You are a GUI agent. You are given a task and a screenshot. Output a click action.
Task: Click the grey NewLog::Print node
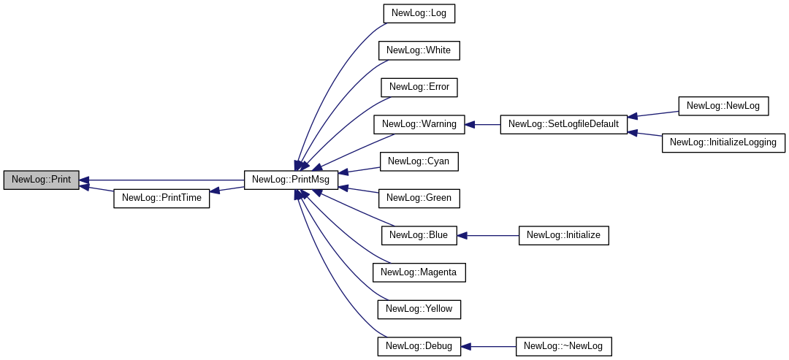[x=41, y=180]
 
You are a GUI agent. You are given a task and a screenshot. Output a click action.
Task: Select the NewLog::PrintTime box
[x=161, y=198]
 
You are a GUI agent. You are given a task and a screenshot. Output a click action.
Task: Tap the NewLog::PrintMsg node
[x=291, y=180]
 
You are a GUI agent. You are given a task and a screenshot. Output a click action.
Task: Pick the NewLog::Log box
[x=419, y=13]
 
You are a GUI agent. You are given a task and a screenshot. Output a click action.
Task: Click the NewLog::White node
[x=419, y=50]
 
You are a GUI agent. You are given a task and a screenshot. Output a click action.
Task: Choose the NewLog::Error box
[x=419, y=87]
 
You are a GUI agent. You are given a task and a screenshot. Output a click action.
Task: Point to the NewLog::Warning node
[x=419, y=124]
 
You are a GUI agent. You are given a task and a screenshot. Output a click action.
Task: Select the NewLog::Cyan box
[x=419, y=161]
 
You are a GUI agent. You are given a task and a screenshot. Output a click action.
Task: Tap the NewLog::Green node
[x=419, y=198]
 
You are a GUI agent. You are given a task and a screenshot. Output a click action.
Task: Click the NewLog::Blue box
[x=419, y=235]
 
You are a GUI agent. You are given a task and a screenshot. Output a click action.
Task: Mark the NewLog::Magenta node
[x=419, y=272]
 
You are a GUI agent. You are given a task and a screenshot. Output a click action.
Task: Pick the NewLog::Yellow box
[x=419, y=309]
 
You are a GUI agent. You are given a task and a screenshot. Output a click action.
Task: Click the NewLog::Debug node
[x=419, y=346]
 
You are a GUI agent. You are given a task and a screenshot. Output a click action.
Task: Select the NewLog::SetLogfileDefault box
[x=563, y=124]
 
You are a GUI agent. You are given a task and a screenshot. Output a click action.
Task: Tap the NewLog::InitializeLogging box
[x=723, y=142]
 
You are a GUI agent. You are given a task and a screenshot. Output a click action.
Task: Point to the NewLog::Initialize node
[x=563, y=235]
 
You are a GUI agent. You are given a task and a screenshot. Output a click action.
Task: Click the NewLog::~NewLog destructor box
[x=563, y=346]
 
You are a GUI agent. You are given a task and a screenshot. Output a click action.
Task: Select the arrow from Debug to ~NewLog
[x=489, y=346]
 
